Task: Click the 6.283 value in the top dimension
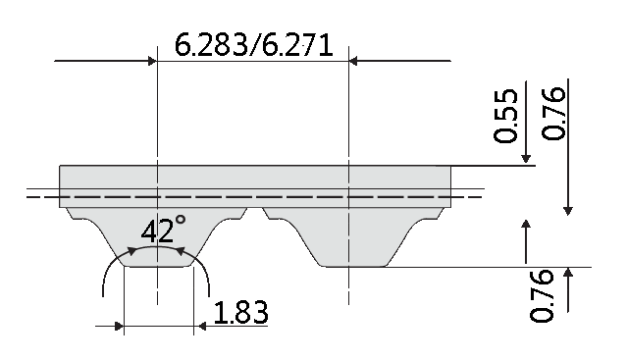211,45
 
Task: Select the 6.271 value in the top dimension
297,45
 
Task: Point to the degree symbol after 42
181,220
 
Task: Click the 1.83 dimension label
240,313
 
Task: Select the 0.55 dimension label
505,116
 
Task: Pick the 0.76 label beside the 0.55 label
553,113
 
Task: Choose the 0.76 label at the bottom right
542,295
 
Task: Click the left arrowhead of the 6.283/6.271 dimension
152,61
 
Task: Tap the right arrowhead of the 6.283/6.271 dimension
354,61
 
